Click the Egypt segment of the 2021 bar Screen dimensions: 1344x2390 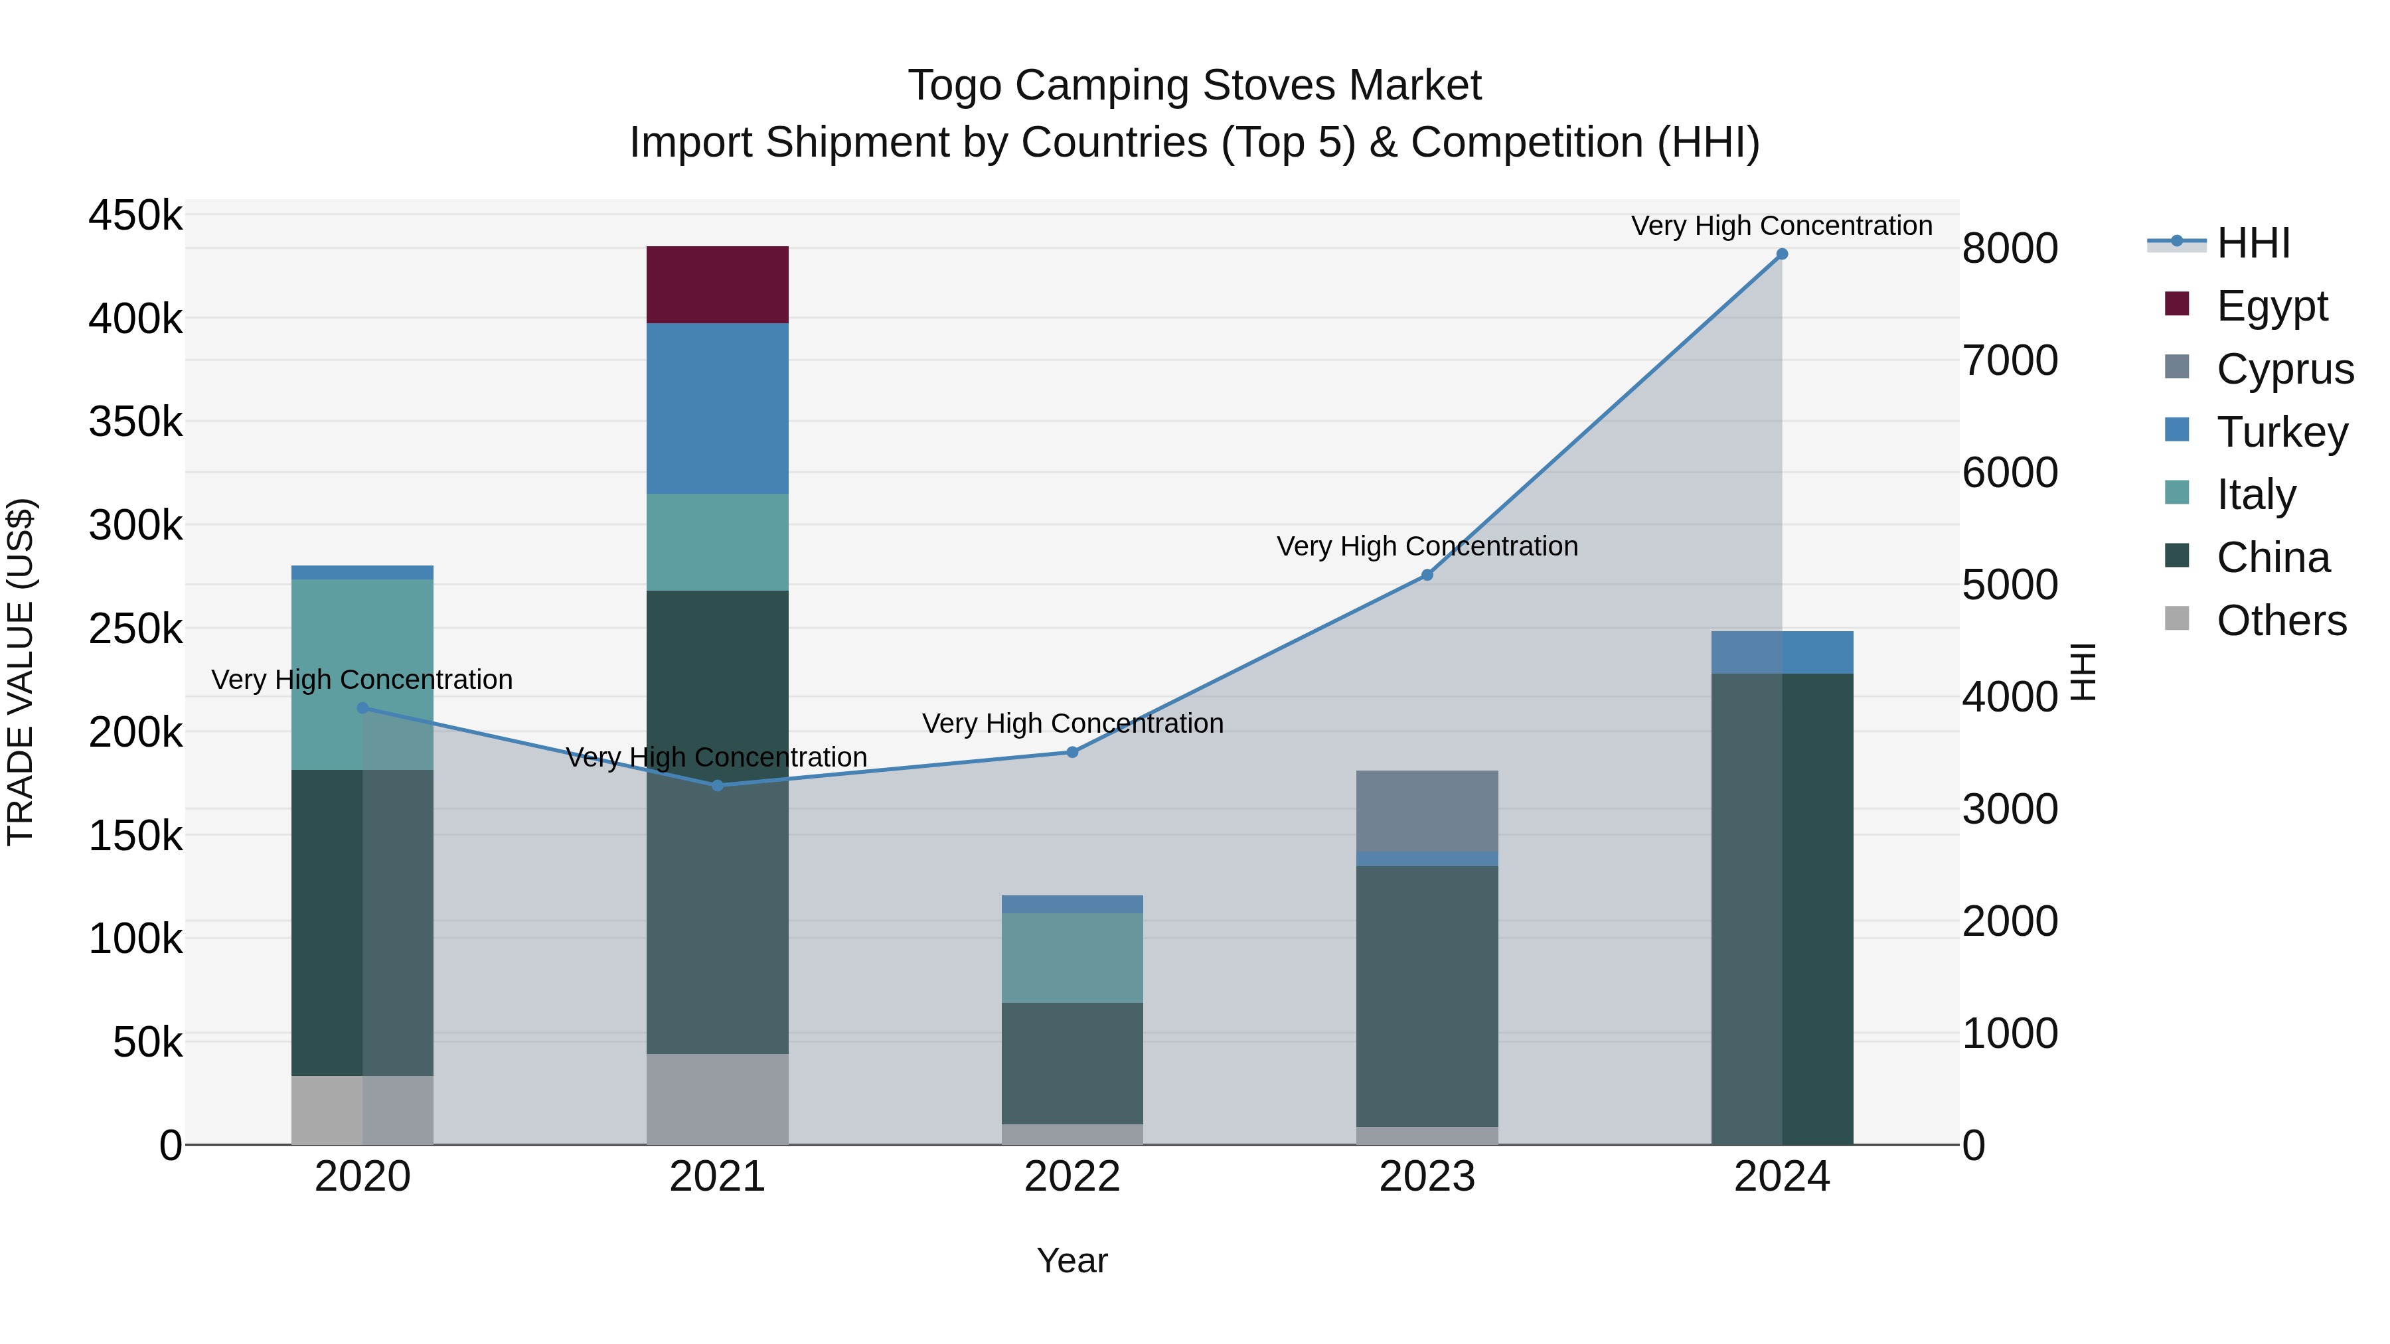point(717,285)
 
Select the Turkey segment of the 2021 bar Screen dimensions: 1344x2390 point(717,408)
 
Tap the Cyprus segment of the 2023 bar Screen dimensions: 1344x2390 point(1427,810)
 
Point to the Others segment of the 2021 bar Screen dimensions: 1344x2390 point(717,1098)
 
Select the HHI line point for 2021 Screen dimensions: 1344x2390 point(717,786)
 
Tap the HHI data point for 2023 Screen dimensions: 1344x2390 point(1427,575)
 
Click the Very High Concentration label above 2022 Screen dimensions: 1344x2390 point(1073,723)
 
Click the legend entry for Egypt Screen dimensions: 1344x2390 point(2271,306)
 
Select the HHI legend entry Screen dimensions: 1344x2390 point(2253,243)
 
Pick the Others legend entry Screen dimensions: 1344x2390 point(2280,621)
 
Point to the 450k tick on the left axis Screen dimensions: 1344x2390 point(135,216)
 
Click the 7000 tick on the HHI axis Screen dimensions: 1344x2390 point(2010,361)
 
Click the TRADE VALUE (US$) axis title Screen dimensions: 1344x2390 point(21,672)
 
